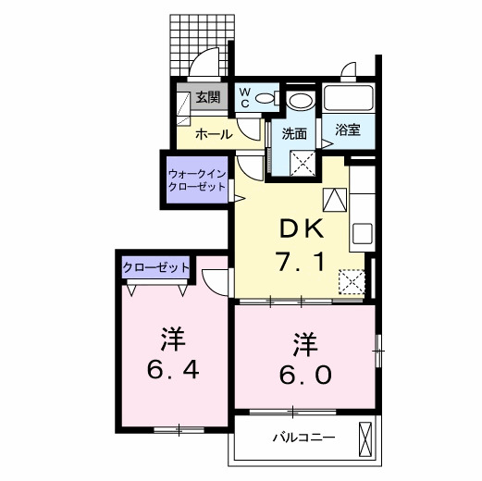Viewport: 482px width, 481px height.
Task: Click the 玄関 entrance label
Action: [x=207, y=97]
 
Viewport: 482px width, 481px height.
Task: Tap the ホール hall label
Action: [x=214, y=134]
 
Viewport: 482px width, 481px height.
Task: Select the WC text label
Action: [x=244, y=97]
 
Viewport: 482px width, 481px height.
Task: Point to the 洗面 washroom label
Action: [x=294, y=133]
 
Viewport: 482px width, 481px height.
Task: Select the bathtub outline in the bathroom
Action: [x=348, y=99]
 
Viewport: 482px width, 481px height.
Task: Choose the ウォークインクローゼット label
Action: [x=196, y=179]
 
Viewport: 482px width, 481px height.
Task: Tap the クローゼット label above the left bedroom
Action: [x=155, y=268]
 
